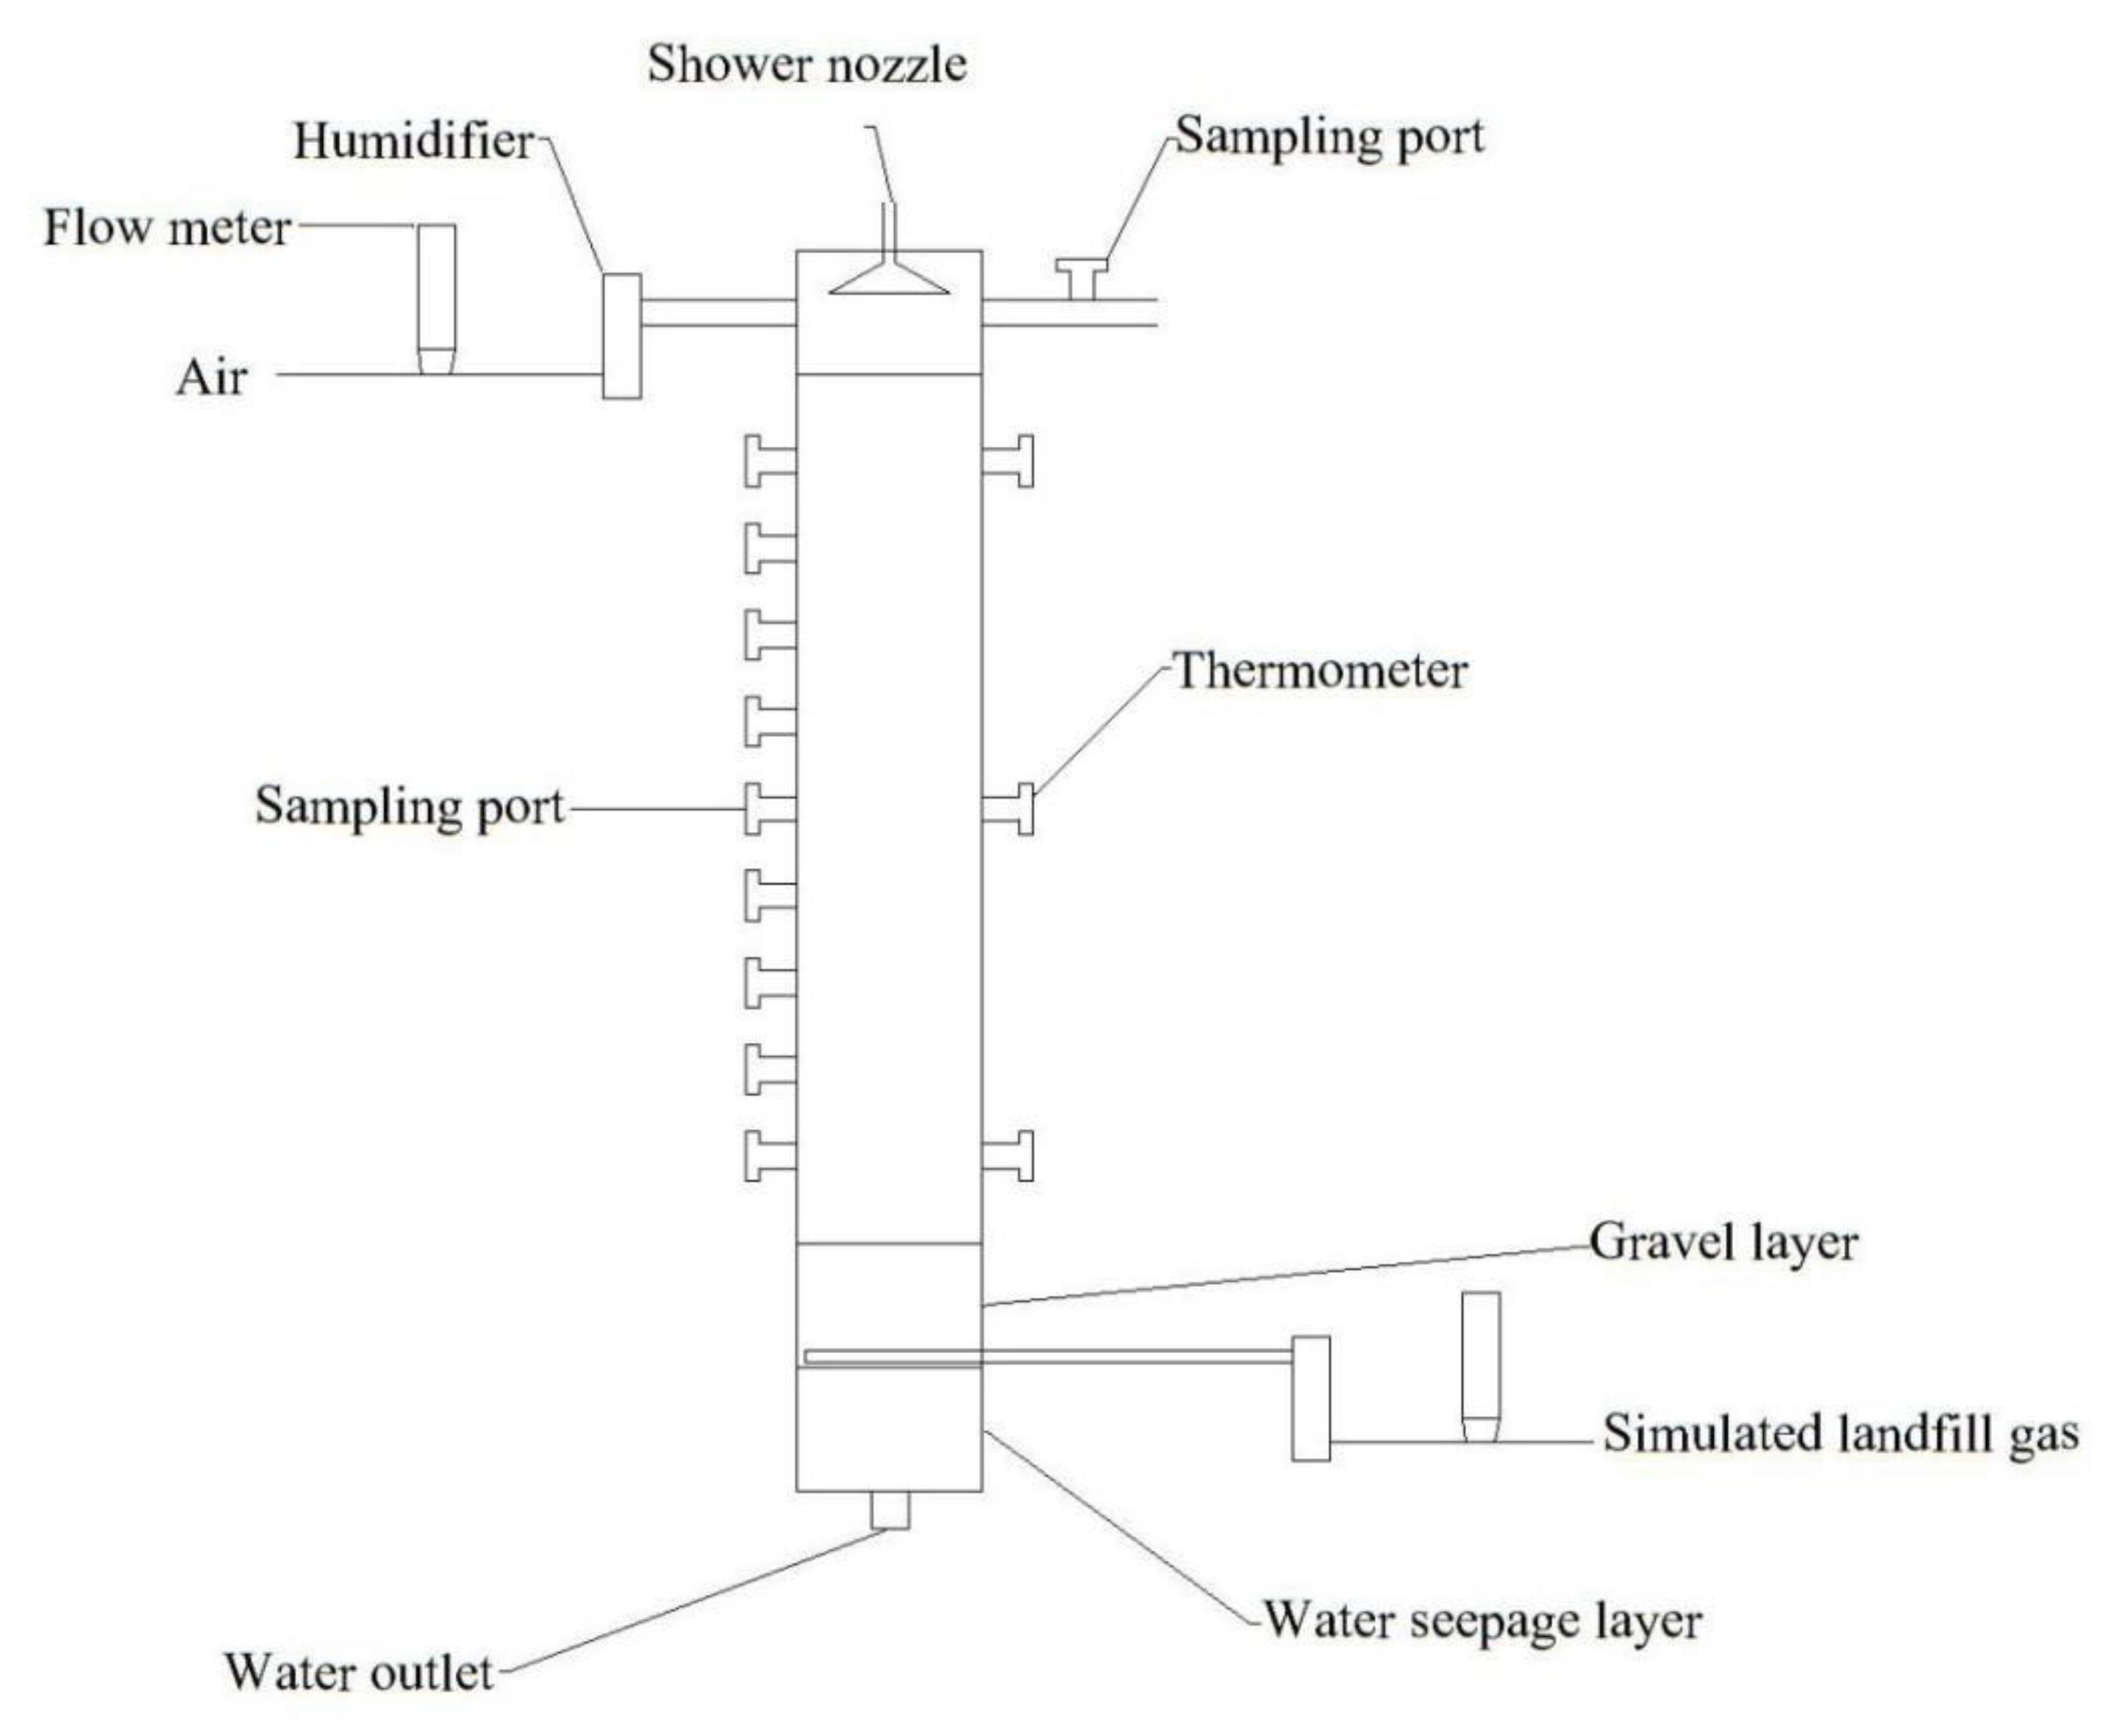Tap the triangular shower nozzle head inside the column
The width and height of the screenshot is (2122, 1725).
click(x=888, y=280)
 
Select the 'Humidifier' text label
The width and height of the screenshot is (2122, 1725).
click(x=413, y=140)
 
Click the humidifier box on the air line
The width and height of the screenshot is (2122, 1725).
click(x=621, y=336)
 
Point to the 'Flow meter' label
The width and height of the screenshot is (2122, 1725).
click(x=167, y=228)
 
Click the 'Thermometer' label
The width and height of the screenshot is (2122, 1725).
click(x=1320, y=671)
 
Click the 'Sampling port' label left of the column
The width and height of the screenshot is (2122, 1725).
click(x=410, y=806)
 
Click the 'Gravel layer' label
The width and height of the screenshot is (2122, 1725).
click(x=1723, y=1242)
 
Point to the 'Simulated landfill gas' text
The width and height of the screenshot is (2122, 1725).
click(x=1840, y=1434)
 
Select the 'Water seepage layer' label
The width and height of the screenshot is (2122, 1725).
click(x=1482, y=1620)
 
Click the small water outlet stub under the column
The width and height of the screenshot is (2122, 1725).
click(x=890, y=1510)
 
